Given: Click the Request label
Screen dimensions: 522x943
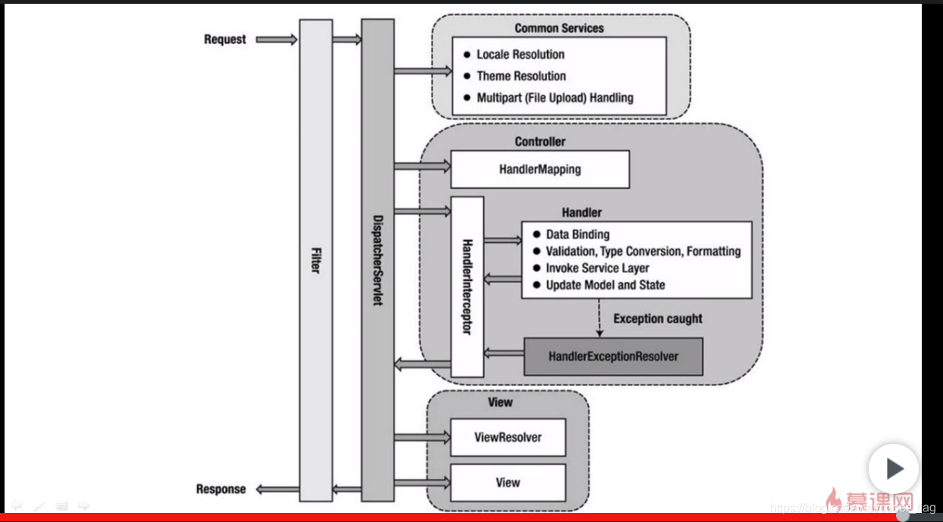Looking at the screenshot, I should click(x=225, y=39).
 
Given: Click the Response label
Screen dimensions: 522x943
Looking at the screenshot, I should click(x=221, y=489).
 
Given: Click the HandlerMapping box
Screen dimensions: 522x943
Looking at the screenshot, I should click(x=539, y=169).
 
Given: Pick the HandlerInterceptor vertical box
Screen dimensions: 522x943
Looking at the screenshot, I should click(x=467, y=286).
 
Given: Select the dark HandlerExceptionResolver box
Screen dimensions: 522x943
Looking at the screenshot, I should click(x=613, y=356).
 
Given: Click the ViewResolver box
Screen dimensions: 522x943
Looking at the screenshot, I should click(x=508, y=438).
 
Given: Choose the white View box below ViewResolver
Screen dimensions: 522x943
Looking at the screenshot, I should click(x=508, y=483).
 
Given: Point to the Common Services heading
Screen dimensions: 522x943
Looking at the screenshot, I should click(x=559, y=28).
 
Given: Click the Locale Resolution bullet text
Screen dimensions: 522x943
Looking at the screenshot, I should click(x=520, y=55).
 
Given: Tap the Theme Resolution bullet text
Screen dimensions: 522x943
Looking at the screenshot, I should click(x=521, y=76).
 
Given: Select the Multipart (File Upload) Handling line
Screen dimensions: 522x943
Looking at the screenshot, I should click(x=555, y=98).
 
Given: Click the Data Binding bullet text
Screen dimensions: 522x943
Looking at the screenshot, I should click(x=577, y=234).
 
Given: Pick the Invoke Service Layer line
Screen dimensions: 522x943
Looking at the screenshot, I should click(x=597, y=268).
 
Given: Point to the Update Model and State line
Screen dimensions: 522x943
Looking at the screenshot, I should click(x=605, y=285).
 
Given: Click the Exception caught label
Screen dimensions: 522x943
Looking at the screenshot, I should click(x=658, y=319).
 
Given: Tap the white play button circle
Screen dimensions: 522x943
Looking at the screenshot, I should click(x=893, y=469).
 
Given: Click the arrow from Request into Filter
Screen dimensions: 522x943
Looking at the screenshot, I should click(x=276, y=39).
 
